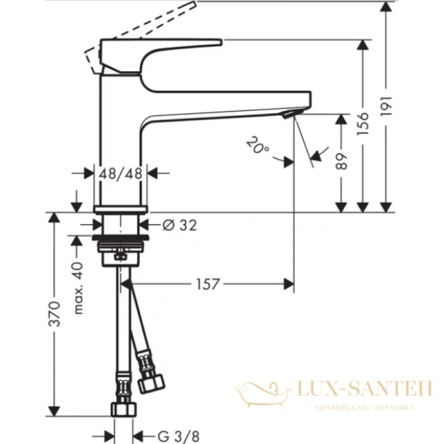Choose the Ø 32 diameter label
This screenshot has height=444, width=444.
click(x=178, y=225)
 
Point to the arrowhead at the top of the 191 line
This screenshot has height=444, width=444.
click(x=386, y=6)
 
